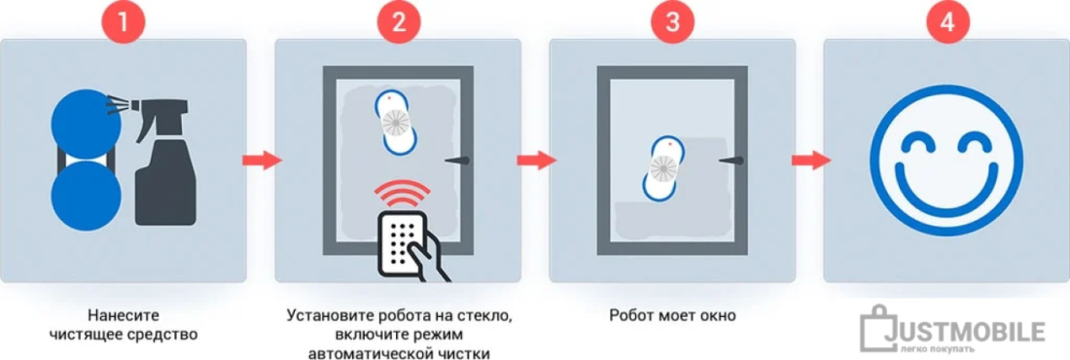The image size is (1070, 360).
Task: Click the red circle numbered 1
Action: pos(124,22)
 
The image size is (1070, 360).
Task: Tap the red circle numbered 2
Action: pos(398,22)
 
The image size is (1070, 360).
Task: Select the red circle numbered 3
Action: pos(673,22)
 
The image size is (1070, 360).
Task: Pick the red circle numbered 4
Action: pos(946,22)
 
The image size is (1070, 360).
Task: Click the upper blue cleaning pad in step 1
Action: pos(86,124)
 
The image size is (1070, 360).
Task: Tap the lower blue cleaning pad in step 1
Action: pos(86,196)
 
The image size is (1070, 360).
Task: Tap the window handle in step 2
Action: pos(456,160)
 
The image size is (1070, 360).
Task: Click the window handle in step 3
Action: pos(731,160)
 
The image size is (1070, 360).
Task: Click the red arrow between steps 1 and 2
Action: pos(262,160)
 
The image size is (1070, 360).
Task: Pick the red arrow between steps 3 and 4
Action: pos(810,160)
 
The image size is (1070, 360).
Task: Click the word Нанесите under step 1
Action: pos(124,315)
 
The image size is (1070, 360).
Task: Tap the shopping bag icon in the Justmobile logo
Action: pos(874,328)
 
